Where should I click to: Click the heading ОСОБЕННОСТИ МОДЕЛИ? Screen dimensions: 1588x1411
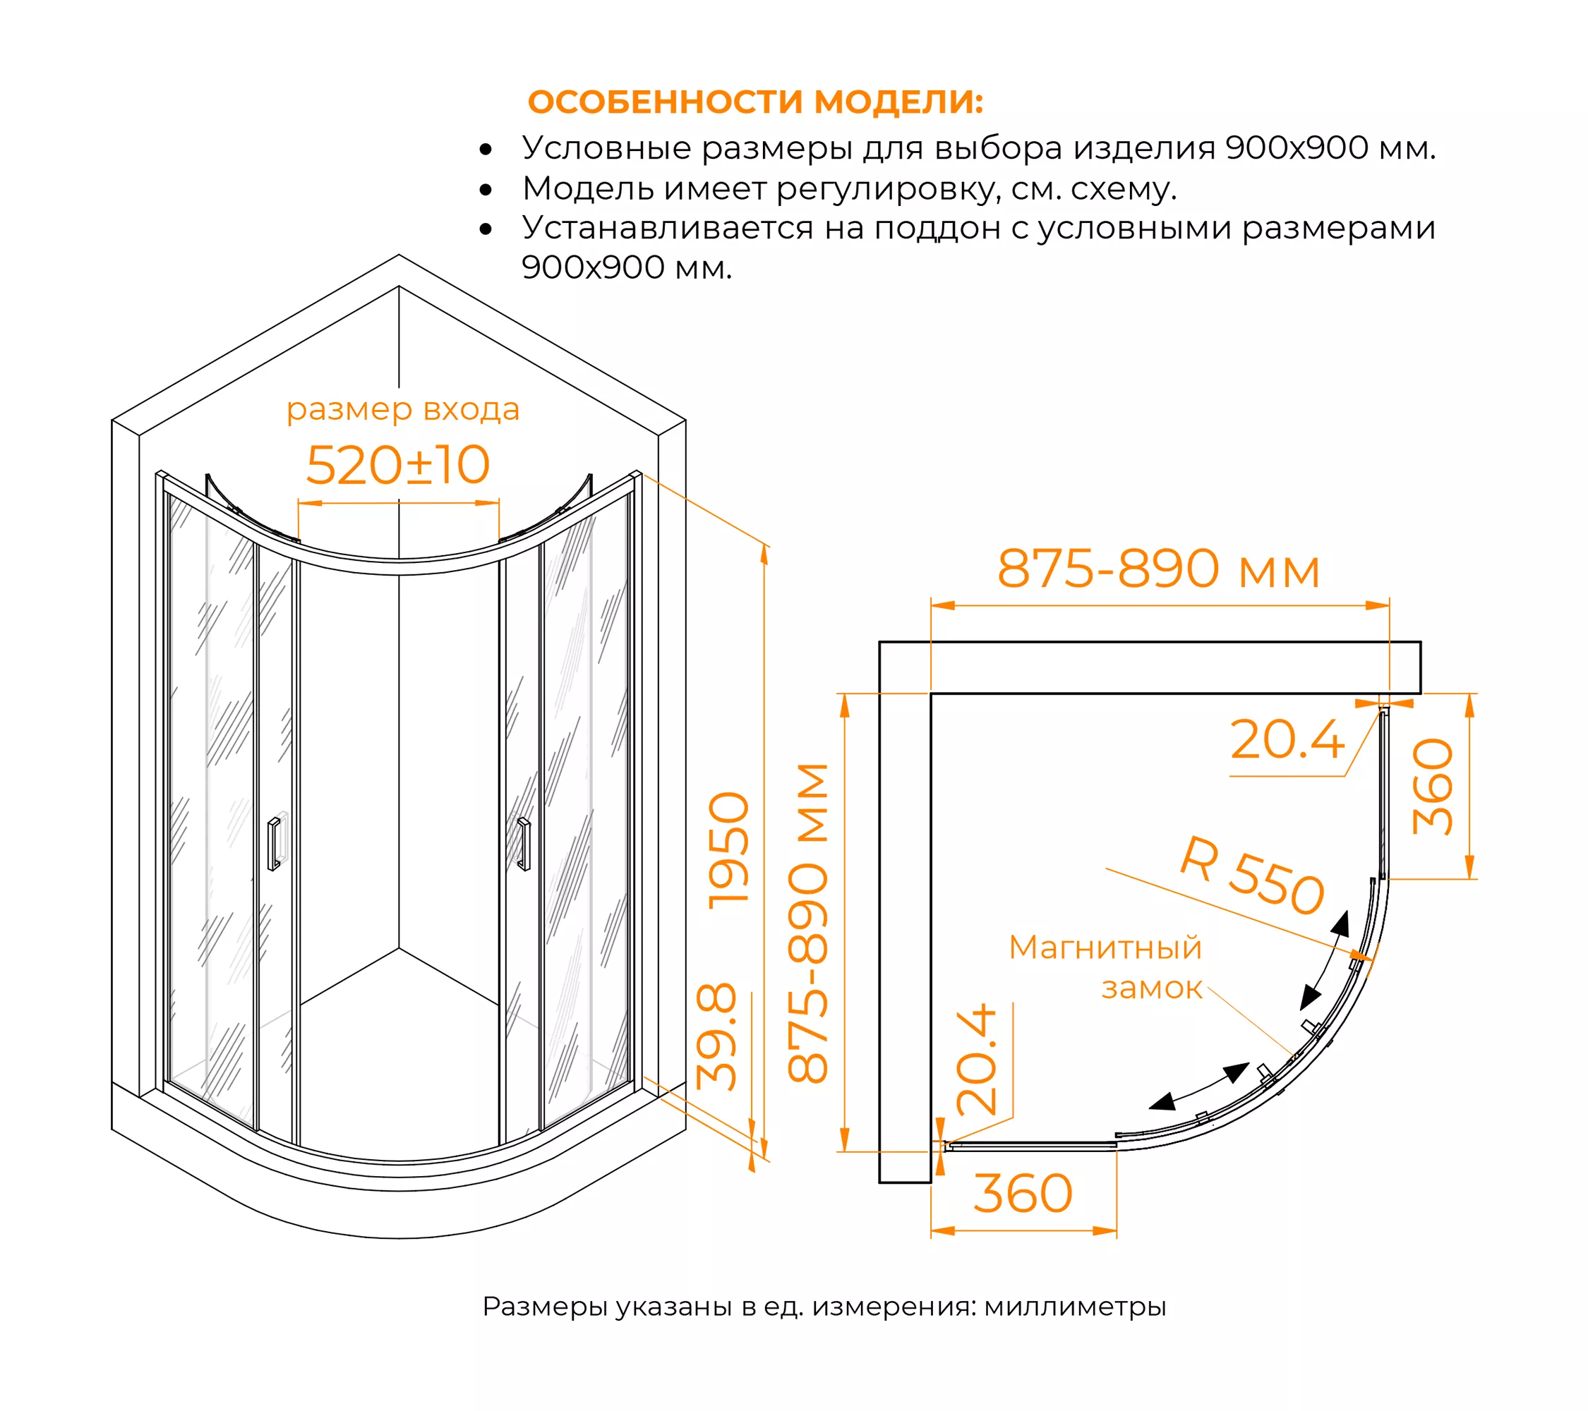[755, 102]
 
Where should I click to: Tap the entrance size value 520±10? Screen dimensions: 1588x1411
[398, 465]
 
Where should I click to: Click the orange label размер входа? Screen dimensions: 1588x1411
[402, 410]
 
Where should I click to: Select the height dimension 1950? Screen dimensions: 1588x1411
[730, 850]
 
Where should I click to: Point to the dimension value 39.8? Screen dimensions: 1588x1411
[716, 1036]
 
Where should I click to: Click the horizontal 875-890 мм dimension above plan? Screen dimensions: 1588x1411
[1159, 569]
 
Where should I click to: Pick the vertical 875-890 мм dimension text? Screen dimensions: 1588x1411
[808, 923]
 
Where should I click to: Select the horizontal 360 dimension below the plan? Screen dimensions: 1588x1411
[1023, 1194]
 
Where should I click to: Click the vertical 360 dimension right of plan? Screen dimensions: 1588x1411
[1432, 787]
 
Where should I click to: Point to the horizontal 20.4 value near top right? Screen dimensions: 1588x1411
[1287, 739]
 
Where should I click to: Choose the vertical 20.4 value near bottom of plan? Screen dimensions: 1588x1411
[977, 1058]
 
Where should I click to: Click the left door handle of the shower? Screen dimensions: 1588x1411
[273, 843]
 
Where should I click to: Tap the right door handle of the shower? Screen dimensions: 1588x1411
[524, 844]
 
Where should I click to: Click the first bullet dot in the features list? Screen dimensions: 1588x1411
[486, 149]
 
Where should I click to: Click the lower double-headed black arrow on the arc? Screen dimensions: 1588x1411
[1199, 1086]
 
